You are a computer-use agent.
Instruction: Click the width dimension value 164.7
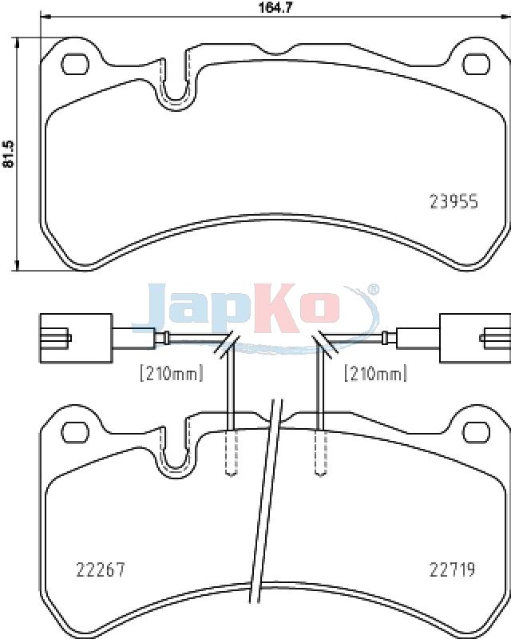point(276,7)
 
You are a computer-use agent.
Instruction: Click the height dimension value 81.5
point(8,154)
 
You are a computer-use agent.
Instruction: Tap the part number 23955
point(454,201)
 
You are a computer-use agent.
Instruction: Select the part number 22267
point(101,570)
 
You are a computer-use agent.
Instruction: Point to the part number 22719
point(453,570)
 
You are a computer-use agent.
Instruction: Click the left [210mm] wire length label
point(171,373)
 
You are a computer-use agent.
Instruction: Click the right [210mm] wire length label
point(376,373)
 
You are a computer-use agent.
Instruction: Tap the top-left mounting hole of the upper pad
point(75,64)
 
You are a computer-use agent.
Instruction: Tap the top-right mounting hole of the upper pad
point(477,64)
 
